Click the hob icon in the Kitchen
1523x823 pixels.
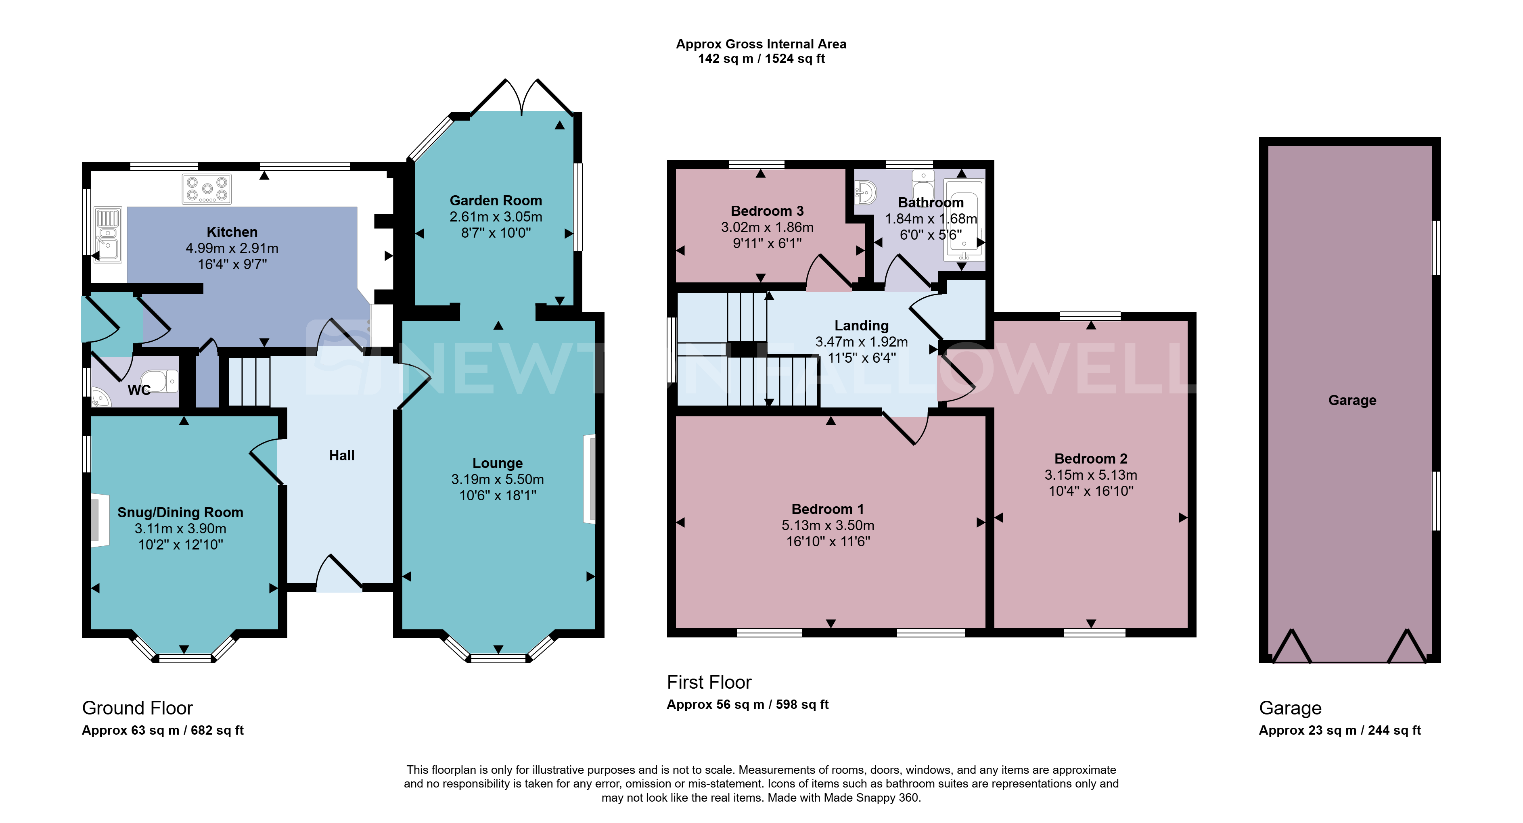pos(206,189)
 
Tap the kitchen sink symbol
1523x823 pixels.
pos(108,235)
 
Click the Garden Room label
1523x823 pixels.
pos(496,201)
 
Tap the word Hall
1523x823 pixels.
pos(342,455)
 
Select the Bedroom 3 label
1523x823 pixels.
pos(767,211)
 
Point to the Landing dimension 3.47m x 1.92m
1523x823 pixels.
pos(862,341)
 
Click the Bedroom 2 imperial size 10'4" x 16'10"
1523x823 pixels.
pos(1091,491)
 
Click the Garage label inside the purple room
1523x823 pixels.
pos(1352,400)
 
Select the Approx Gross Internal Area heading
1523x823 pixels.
pos(761,44)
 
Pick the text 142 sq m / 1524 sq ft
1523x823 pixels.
pos(761,58)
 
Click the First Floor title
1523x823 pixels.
pos(709,682)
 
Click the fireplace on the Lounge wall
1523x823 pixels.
pos(590,479)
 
